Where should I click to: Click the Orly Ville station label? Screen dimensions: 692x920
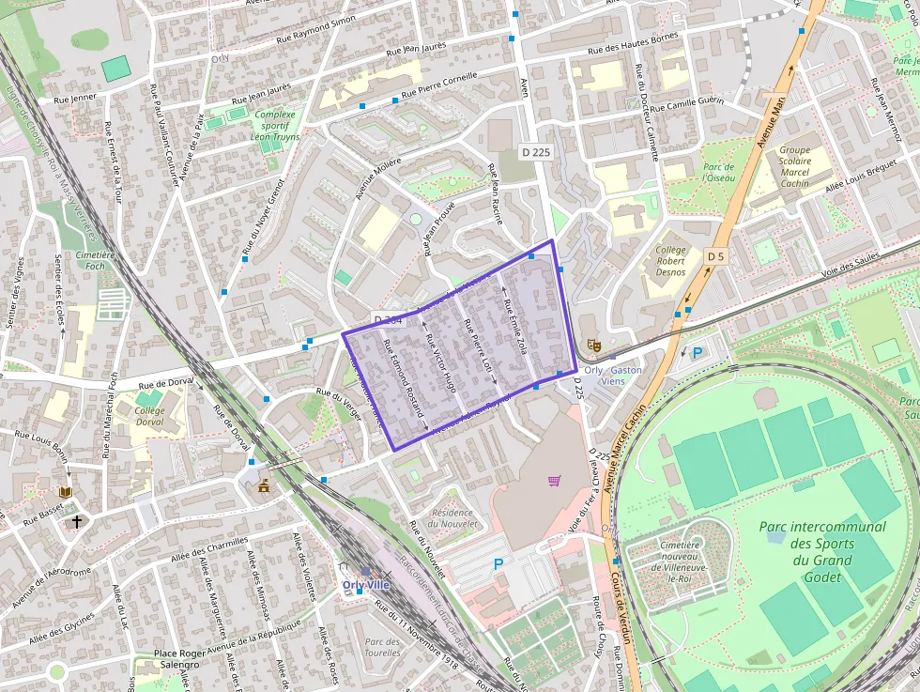[364, 584]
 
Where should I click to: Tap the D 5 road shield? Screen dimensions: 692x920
[716, 255]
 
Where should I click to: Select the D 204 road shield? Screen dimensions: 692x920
[388, 320]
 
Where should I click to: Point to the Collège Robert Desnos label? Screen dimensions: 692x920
[670, 261]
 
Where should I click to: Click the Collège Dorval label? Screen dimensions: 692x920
[149, 416]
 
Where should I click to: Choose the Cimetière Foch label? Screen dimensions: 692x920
[94, 260]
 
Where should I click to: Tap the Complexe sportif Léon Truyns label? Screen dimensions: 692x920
[274, 126]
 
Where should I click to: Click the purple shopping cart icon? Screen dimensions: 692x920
[554, 482]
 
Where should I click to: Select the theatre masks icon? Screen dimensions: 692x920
[593, 346]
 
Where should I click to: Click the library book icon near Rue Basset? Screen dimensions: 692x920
[65, 492]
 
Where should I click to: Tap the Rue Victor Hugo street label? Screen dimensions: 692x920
[440, 361]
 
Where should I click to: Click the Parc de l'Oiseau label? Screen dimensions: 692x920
[718, 172]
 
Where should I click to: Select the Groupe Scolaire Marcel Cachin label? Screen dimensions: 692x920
[794, 166]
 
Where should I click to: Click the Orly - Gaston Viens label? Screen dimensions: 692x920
[613, 376]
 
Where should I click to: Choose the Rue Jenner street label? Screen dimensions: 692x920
[74, 97]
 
